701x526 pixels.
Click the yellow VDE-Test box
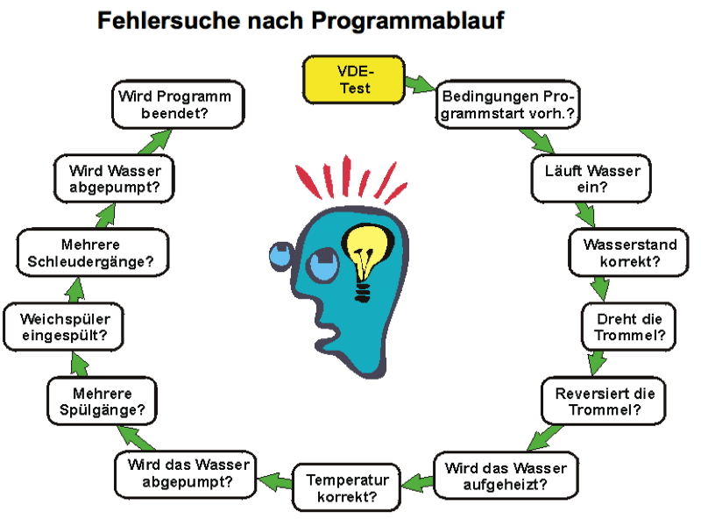(x=353, y=78)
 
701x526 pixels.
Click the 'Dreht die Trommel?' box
(x=629, y=327)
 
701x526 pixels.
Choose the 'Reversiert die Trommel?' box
(x=604, y=401)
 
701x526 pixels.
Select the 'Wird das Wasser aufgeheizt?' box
(x=505, y=474)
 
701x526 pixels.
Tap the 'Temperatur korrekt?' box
(x=347, y=488)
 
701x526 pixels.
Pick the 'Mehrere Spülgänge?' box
(x=103, y=401)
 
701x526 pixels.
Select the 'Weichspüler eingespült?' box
(x=64, y=327)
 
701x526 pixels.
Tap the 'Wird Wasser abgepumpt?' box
(x=109, y=179)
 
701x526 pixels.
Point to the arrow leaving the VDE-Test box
(x=420, y=85)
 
